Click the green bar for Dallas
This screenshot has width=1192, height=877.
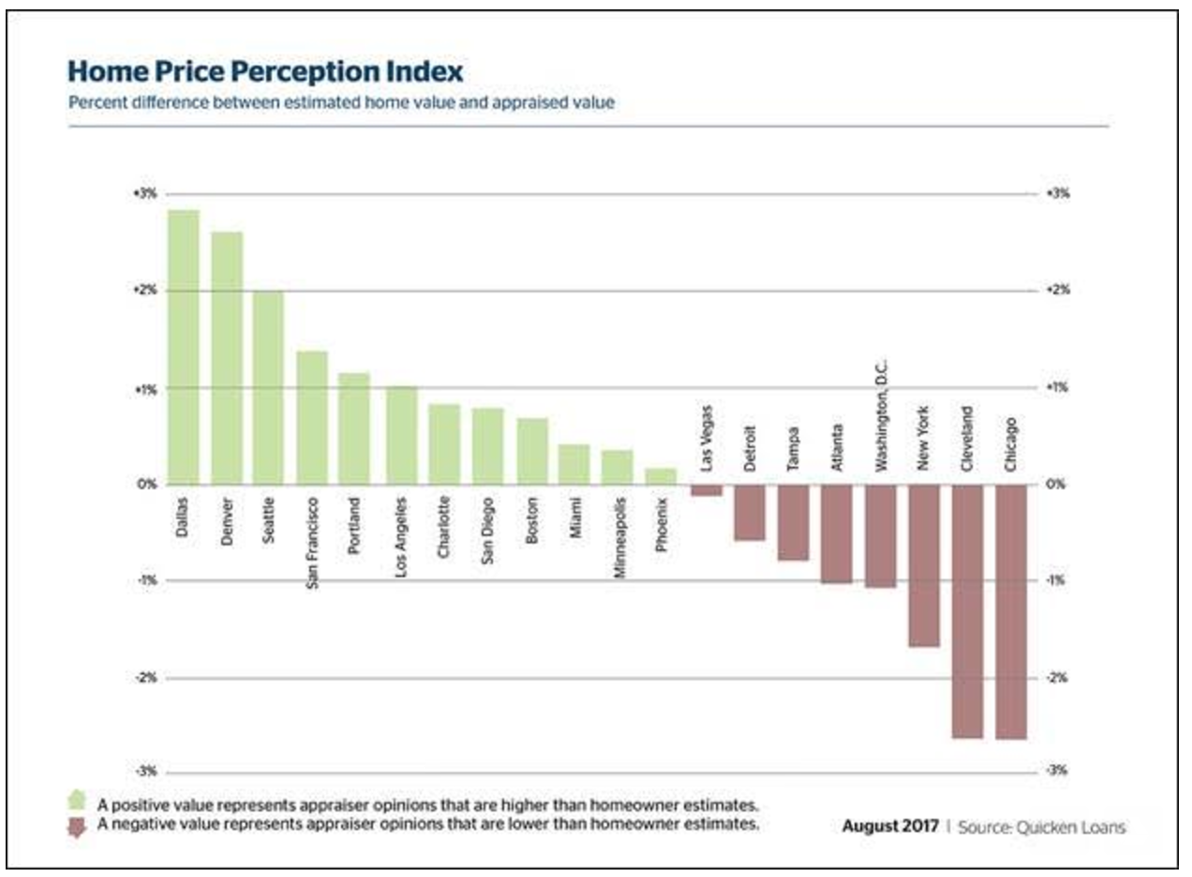(x=184, y=347)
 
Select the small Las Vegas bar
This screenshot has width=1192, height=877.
(x=706, y=490)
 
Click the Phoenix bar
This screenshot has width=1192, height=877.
(x=661, y=476)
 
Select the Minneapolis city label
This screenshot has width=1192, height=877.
(x=618, y=537)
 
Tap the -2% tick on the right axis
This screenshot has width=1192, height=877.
(x=1057, y=678)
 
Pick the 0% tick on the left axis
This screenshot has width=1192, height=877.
(x=146, y=484)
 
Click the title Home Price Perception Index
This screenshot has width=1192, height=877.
(x=265, y=71)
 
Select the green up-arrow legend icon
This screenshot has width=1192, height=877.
(x=78, y=803)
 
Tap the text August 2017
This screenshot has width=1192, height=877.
(x=890, y=827)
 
